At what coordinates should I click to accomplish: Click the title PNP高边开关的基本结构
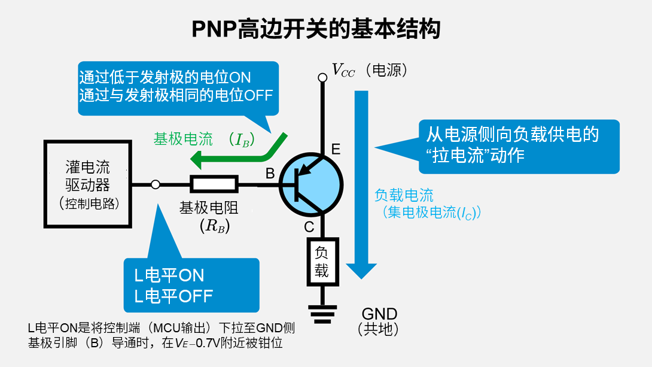click(x=316, y=29)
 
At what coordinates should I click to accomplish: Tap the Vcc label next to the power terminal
click(x=343, y=70)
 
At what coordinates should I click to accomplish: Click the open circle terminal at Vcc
click(x=322, y=77)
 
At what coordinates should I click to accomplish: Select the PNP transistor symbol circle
click(x=311, y=185)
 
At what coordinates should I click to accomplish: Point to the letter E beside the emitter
click(x=336, y=149)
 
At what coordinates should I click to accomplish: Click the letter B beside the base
click(x=270, y=173)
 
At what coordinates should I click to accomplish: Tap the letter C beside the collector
click(x=309, y=227)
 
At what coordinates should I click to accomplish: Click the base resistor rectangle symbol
click(x=214, y=184)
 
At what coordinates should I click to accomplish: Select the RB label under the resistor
click(x=215, y=226)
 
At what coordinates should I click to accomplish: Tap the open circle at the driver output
click(x=156, y=184)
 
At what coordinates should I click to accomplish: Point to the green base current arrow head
click(x=196, y=160)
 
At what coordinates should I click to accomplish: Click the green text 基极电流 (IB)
click(x=204, y=139)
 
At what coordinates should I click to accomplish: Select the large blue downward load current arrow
click(x=361, y=185)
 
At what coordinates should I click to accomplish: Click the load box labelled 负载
click(x=322, y=262)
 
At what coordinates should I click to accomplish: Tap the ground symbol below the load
click(x=322, y=314)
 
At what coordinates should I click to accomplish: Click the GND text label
click(x=379, y=313)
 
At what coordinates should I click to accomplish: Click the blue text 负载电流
click(x=404, y=195)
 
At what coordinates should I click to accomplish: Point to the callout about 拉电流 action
click(x=519, y=147)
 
